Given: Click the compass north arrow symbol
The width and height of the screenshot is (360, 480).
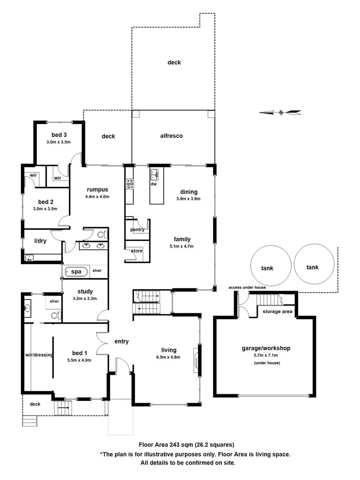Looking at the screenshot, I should click(280, 112).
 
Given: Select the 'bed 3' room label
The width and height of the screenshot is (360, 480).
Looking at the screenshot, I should click(59, 135).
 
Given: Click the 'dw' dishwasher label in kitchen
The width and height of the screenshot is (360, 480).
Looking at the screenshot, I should click(153, 184).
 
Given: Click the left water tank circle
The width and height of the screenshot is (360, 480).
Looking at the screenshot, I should click(267, 266).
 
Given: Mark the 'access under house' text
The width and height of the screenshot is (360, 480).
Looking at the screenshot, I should click(247, 288).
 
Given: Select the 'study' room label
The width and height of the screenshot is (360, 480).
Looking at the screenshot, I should click(84, 292).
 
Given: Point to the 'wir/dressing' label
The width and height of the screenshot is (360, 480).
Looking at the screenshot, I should click(39, 355).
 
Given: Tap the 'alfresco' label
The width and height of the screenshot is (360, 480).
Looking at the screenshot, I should click(172, 136).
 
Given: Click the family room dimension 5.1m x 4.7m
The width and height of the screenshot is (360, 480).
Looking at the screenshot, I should click(182, 246).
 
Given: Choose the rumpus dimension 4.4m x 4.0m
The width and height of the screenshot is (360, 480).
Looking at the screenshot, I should click(97, 196).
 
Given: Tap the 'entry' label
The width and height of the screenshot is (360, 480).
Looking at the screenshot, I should click(121, 341).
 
